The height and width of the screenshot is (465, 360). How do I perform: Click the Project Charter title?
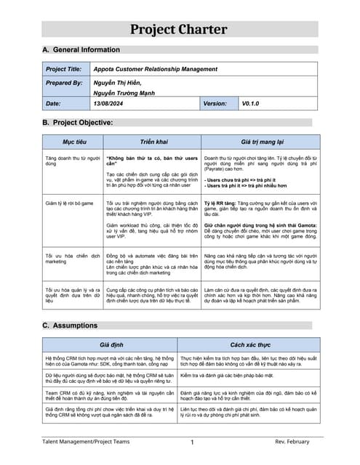(x=180, y=29)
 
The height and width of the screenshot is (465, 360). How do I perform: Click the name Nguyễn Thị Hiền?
(x=118, y=83)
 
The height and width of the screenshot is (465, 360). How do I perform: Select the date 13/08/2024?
(x=110, y=105)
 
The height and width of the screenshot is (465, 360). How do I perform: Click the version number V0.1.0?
(x=251, y=105)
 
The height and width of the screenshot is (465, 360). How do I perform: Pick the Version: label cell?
(x=216, y=105)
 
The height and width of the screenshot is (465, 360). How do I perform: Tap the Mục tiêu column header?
(x=73, y=142)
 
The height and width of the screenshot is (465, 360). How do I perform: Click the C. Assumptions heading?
(x=70, y=325)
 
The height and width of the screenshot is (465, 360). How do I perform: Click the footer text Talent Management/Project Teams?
(x=86, y=441)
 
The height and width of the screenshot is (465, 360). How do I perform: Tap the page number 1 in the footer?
(x=192, y=442)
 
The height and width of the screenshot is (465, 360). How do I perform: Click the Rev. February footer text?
(x=292, y=441)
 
